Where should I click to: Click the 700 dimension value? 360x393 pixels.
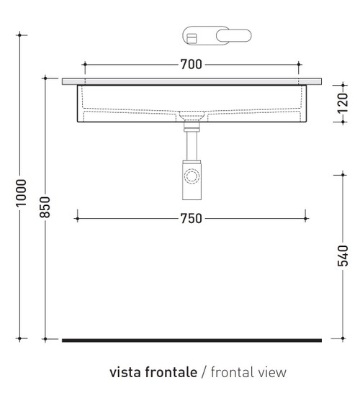pyautogui.click(x=191, y=65)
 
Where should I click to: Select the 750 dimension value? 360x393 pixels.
pyautogui.click(x=191, y=219)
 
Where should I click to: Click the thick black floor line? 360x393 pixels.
pyautogui.click(x=192, y=339)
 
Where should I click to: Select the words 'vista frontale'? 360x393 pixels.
pyautogui.click(x=153, y=372)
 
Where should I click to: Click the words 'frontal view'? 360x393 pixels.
pyautogui.click(x=248, y=372)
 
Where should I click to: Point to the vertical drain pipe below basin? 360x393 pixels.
pyautogui.click(x=192, y=148)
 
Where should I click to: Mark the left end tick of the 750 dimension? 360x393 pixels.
pyautogui.click(x=76, y=218)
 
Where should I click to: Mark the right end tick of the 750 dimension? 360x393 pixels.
pyautogui.click(x=306, y=218)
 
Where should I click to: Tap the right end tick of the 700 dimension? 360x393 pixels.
pyautogui.click(x=298, y=65)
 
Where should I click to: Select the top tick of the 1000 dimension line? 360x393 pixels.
pyautogui.click(x=22, y=34)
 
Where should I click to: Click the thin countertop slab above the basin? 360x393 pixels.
pyautogui.click(x=192, y=81)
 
